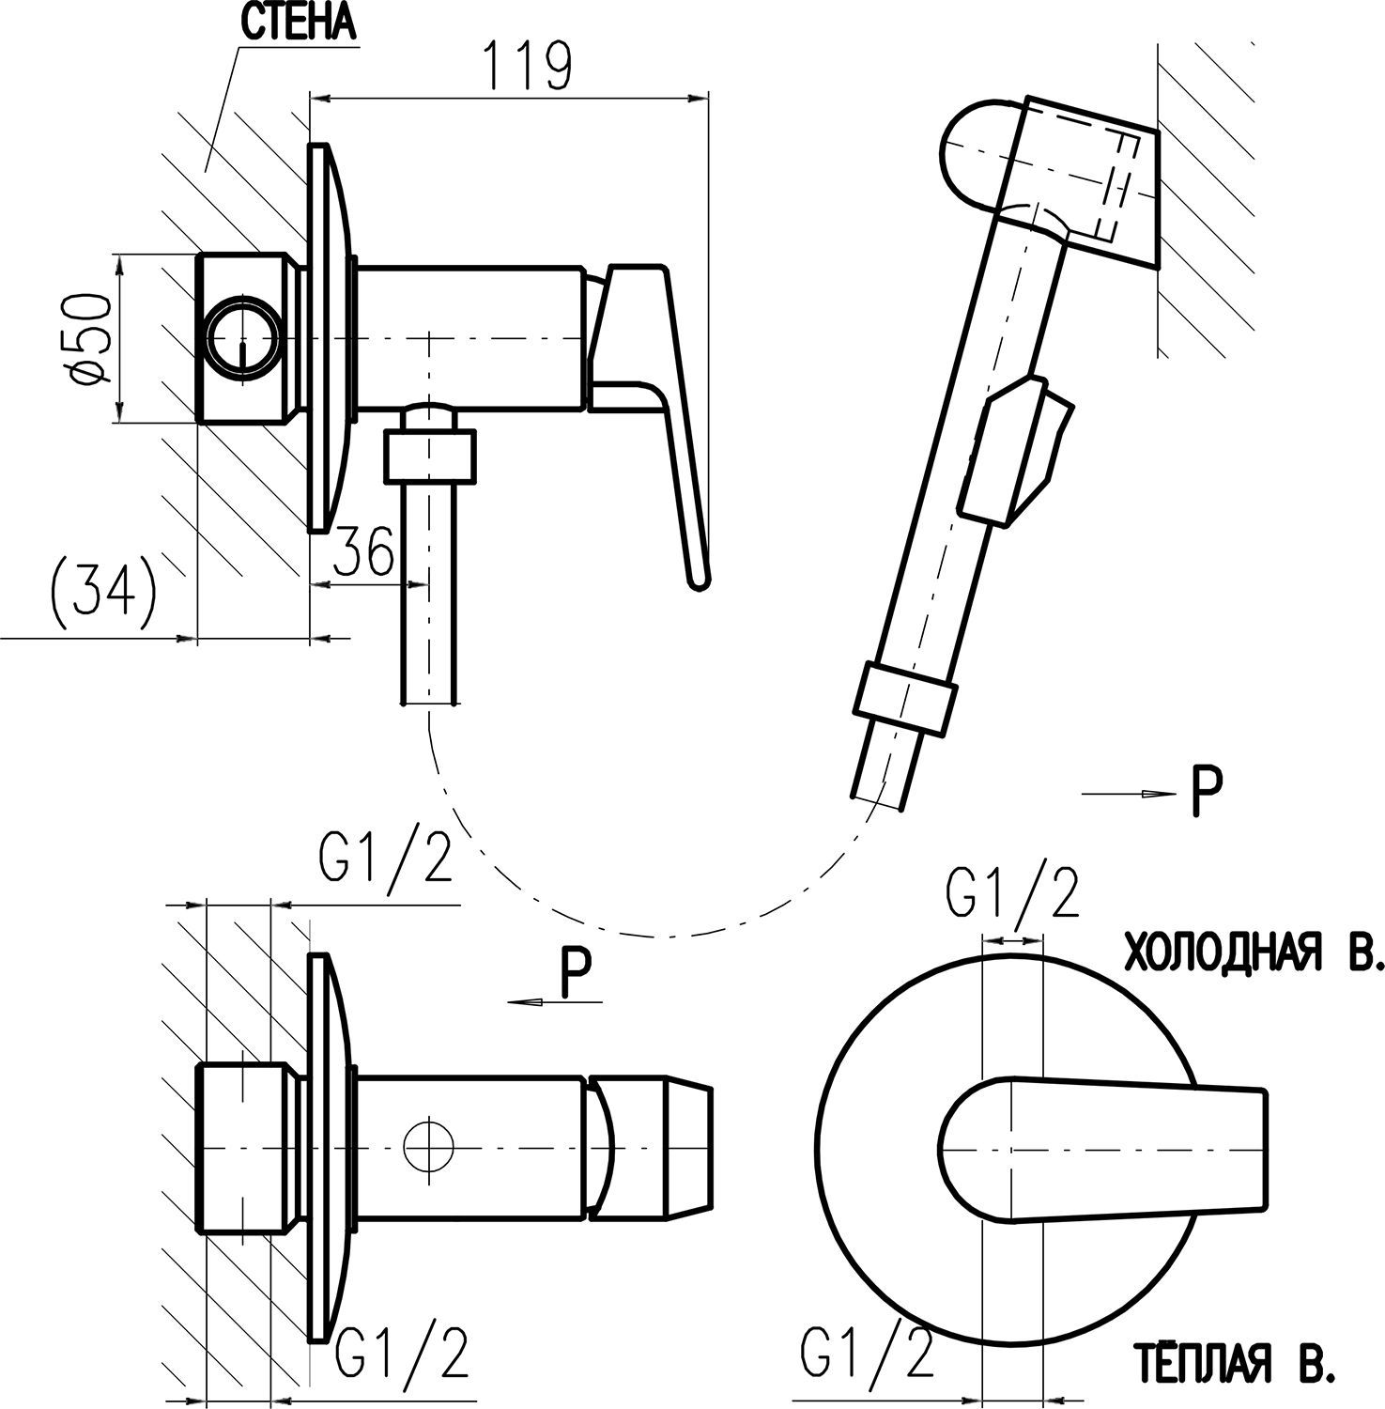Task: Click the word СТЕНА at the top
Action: (x=299, y=24)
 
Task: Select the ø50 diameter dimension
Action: (x=92, y=338)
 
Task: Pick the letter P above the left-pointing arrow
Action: (x=575, y=974)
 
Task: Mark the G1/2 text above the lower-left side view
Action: (x=386, y=857)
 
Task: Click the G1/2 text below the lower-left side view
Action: (x=403, y=1353)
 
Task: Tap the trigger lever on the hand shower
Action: (x=1019, y=446)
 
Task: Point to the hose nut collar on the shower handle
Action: (x=906, y=696)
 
